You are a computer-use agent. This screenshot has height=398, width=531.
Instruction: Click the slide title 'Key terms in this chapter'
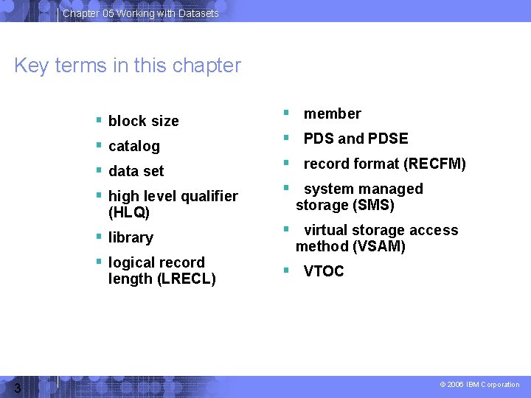128,66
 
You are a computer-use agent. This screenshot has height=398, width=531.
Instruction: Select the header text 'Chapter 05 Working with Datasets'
140,13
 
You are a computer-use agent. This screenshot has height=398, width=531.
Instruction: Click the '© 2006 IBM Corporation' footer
479,385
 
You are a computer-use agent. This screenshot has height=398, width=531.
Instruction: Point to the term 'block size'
143,121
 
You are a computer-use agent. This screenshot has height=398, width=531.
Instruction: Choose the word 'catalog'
133,146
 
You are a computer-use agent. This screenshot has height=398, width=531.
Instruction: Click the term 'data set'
136,171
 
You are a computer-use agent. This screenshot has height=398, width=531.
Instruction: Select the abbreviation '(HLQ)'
129,212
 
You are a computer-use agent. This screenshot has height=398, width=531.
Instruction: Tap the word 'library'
131,237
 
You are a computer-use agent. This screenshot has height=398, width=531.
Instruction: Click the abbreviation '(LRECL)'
187,279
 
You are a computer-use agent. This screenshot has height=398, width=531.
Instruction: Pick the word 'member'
332,114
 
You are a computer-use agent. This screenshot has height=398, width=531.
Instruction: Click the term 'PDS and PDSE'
355,139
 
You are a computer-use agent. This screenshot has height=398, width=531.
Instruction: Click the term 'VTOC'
324,271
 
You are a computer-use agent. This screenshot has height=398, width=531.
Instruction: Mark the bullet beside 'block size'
99,120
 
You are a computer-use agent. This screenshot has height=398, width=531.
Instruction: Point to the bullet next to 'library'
99,237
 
